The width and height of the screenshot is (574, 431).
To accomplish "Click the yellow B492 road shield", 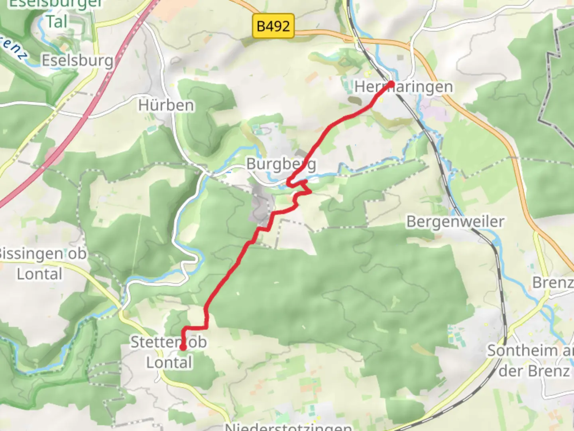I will [273, 26].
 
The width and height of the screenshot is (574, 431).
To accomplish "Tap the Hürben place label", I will [166, 105].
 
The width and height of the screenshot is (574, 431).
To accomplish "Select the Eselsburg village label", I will [77, 61].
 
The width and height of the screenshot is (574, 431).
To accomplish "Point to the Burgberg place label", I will [281, 164].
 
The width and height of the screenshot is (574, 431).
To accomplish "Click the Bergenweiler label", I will [455, 221].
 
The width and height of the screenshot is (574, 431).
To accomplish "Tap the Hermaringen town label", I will [403, 87].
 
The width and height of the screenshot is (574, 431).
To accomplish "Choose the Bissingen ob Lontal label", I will [42, 264].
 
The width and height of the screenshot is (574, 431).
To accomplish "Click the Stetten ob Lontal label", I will [169, 352].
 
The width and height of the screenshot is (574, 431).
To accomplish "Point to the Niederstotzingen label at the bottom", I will [288, 426].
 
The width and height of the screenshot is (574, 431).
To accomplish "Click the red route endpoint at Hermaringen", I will [391, 84].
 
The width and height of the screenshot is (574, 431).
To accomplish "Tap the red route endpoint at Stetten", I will [183, 348].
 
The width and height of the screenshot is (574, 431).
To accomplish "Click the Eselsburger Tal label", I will [56, 12].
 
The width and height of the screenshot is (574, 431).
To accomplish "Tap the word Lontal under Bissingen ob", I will [39, 274].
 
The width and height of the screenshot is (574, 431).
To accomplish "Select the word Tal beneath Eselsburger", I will [56, 22].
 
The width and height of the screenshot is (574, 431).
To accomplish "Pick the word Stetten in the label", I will [153, 342].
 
